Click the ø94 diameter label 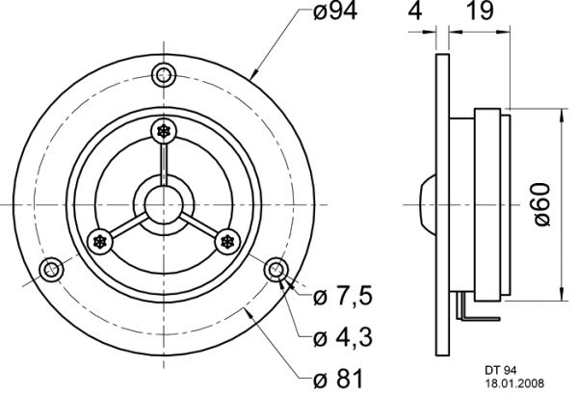(x=334, y=12)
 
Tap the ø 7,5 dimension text (x=343, y=297)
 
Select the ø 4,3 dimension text (x=343, y=337)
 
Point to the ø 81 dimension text (x=338, y=378)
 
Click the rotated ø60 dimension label (x=541, y=204)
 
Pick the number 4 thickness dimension (x=415, y=11)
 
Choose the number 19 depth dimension (x=479, y=11)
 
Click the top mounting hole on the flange (x=164, y=75)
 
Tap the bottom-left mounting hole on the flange (x=52, y=270)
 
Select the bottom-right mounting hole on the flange (x=276, y=270)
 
